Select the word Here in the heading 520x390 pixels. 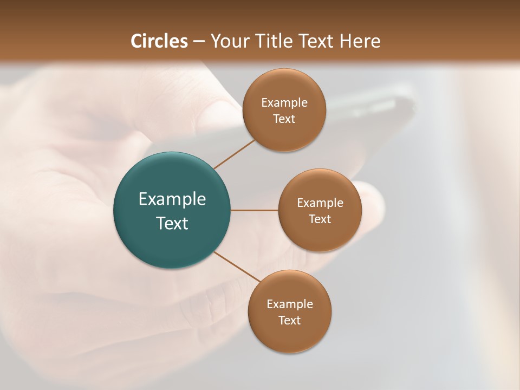(x=359, y=41)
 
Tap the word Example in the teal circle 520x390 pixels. (x=172, y=199)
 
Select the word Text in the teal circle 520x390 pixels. (x=172, y=223)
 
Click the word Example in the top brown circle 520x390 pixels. (x=284, y=103)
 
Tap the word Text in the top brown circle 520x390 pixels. (x=284, y=119)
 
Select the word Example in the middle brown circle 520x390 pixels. (x=320, y=203)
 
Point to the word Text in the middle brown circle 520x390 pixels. (x=320, y=219)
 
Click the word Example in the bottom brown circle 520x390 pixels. (x=289, y=304)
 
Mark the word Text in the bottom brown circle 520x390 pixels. (x=289, y=321)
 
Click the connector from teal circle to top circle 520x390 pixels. (x=234, y=154)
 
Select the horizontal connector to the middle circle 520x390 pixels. (x=255, y=210)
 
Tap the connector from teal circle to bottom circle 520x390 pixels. (x=237, y=266)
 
